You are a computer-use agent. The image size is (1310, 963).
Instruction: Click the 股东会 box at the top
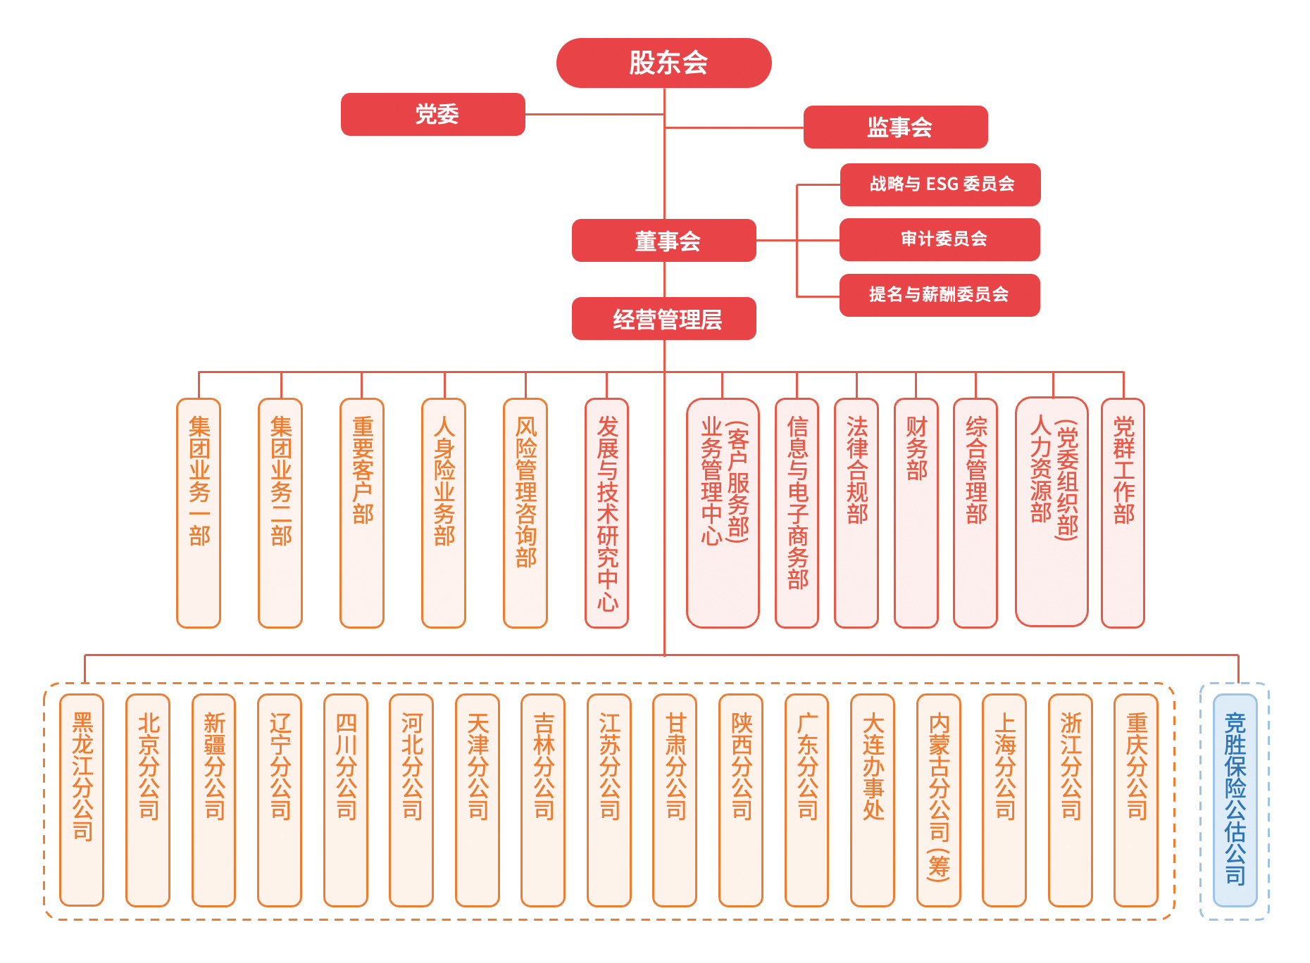click(x=663, y=63)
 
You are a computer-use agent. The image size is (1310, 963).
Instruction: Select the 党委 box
click(x=433, y=114)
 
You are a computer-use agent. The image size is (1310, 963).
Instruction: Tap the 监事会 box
click(x=895, y=127)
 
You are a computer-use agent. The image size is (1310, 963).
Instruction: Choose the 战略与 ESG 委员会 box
click(x=940, y=184)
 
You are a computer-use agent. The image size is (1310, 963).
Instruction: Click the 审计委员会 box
click(x=940, y=239)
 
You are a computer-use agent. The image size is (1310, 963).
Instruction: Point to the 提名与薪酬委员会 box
click(x=940, y=295)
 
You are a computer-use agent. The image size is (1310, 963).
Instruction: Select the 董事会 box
click(x=663, y=241)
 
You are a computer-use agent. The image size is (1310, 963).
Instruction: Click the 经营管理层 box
click(x=663, y=319)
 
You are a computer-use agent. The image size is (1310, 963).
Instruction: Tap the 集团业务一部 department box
click(x=199, y=512)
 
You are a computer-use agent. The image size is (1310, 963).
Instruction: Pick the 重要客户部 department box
click(x=362, y=512)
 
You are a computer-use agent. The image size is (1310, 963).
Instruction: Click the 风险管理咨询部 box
click(x=525, y=512)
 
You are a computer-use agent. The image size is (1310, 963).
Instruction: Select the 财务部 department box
click(x=916, y=512)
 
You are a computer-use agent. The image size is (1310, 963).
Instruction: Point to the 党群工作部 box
click(x=1123, y=512)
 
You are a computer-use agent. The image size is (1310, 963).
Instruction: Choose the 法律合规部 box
click(x=856, y=512)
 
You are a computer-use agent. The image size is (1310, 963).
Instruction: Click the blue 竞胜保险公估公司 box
click(x=1235, y=800)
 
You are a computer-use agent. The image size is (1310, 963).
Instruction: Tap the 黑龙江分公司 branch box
click(x=82, y=800)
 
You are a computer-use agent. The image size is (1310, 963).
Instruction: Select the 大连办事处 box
click(x=873, y=800)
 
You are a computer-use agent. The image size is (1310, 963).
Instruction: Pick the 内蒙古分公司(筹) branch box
click(x=939, y=800)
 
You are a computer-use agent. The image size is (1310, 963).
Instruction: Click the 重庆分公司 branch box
click(x=1136, y=800)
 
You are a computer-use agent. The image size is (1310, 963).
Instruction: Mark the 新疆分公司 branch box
click(x=213, y=800)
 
